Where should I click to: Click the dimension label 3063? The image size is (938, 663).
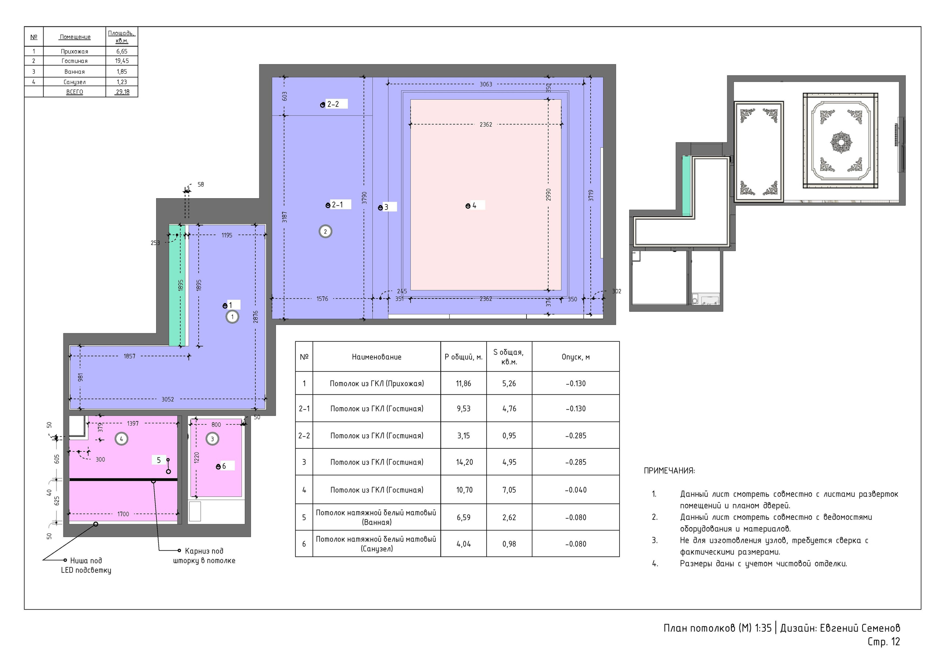point(486,84)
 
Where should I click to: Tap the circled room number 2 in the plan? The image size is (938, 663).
point(325,232)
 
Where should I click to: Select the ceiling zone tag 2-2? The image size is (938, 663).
point(333,104)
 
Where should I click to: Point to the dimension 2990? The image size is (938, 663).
point(548,195)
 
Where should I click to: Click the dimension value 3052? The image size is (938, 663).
point(167,399)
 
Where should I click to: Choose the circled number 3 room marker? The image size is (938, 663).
point(212,439)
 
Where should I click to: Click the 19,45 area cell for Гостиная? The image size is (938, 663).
point(122,61)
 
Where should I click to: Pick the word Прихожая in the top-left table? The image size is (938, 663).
point(74,52)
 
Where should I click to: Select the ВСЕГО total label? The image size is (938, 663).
point(74,92)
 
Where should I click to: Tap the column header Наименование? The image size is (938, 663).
point(376,357)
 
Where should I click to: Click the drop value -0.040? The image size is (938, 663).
point(576,490)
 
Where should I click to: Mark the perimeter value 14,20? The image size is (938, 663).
point(464,462)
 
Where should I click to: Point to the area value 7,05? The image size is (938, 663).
point(509,490)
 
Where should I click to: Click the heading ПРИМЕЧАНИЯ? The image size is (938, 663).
point(669,471)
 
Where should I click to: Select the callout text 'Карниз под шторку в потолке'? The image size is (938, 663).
point(204,556)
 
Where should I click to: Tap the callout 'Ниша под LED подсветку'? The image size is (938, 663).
point(86,565)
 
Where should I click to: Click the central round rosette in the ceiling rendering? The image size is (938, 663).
point(841,142)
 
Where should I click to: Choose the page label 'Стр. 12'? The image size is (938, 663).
point(884,642)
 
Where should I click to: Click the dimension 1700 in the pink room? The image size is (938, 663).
point(123,514)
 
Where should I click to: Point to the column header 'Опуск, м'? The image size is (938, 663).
point(576,357)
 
